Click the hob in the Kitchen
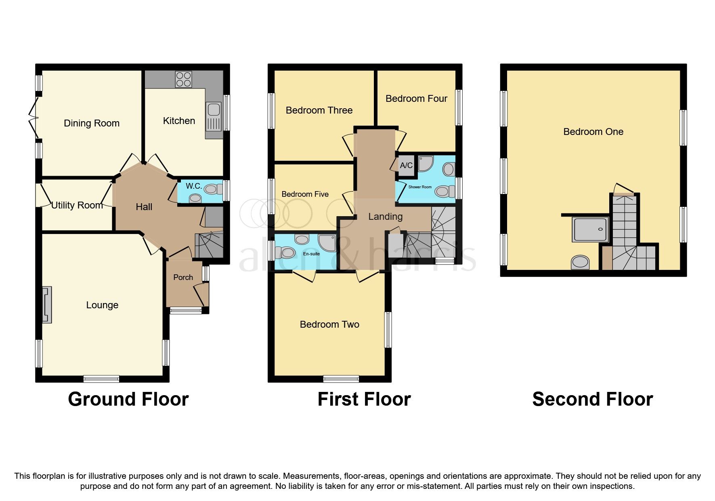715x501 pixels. coord(184,79)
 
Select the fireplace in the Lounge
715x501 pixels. coord(47,305)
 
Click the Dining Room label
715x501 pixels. coord(92,123)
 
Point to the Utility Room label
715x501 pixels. coord(77,205)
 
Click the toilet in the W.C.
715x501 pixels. coord(213,189)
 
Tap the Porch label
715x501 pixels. coord(183,277)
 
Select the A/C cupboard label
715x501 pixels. coord(406,165)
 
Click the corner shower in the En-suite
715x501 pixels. coord(327,242)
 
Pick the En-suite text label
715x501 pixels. coord(311,254)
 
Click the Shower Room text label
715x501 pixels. coord(420,187)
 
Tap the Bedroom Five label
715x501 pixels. coord(305,194)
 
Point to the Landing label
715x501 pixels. coord(385,217)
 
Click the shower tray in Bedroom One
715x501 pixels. coord(590,230)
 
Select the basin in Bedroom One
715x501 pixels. coord(580,262)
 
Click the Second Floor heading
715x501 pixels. coord(592,399)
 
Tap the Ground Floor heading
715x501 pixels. coord(128,399)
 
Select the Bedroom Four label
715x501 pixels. coord(416,99)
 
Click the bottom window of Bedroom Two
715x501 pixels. coord(341,379)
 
